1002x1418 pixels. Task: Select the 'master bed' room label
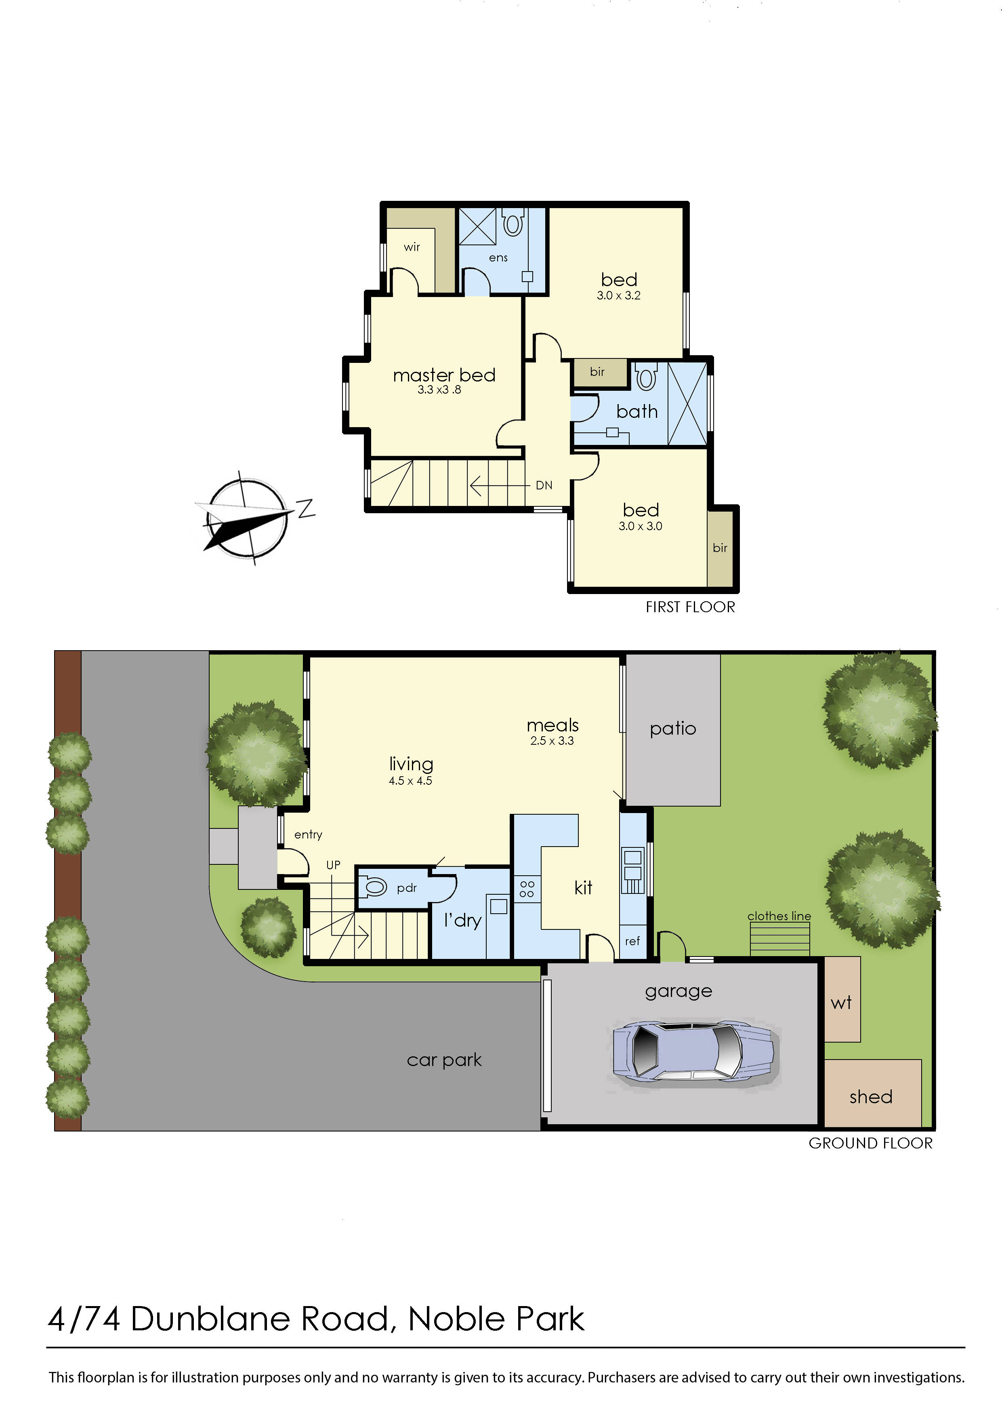(x=444, y=375)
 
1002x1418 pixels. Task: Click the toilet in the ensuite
(x=513, y=222)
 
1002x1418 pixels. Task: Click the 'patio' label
(x=672, y=729)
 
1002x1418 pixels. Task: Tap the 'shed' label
(x=870, y=1097)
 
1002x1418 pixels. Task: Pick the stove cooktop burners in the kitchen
(x=527, y=889)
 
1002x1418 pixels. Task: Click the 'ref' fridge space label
(x=632, y=941)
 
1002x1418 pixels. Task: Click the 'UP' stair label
(x=333, y=865)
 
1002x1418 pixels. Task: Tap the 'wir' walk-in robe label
(x=412, y=247)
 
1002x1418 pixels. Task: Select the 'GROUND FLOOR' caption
(x=870, y=1143)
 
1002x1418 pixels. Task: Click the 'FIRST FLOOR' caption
(x=690, y=607)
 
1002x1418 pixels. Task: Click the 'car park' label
(x=444, y=1060)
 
